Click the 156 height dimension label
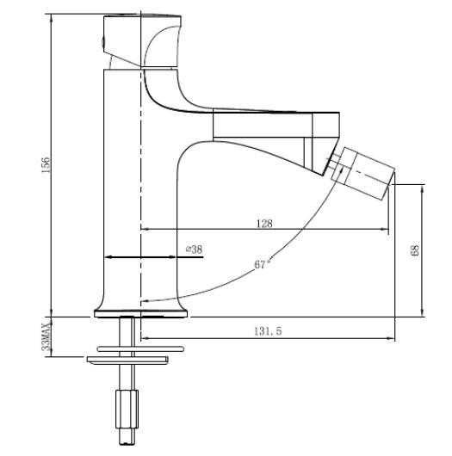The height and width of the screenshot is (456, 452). [x=46, y=165]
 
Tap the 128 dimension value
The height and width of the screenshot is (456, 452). [x=264, y=224]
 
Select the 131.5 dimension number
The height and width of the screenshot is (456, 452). [x=268, y=331]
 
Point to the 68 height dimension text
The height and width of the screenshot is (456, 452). [x=415, y=250]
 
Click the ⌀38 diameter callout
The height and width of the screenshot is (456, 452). [x=194, y=250]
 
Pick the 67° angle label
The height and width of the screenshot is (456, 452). [x=263, y=264]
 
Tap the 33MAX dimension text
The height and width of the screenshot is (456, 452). [x=46, y=336]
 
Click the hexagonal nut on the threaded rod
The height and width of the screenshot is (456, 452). [x=127, y=410]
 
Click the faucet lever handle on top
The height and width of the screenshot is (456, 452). [x=142, y=40]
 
